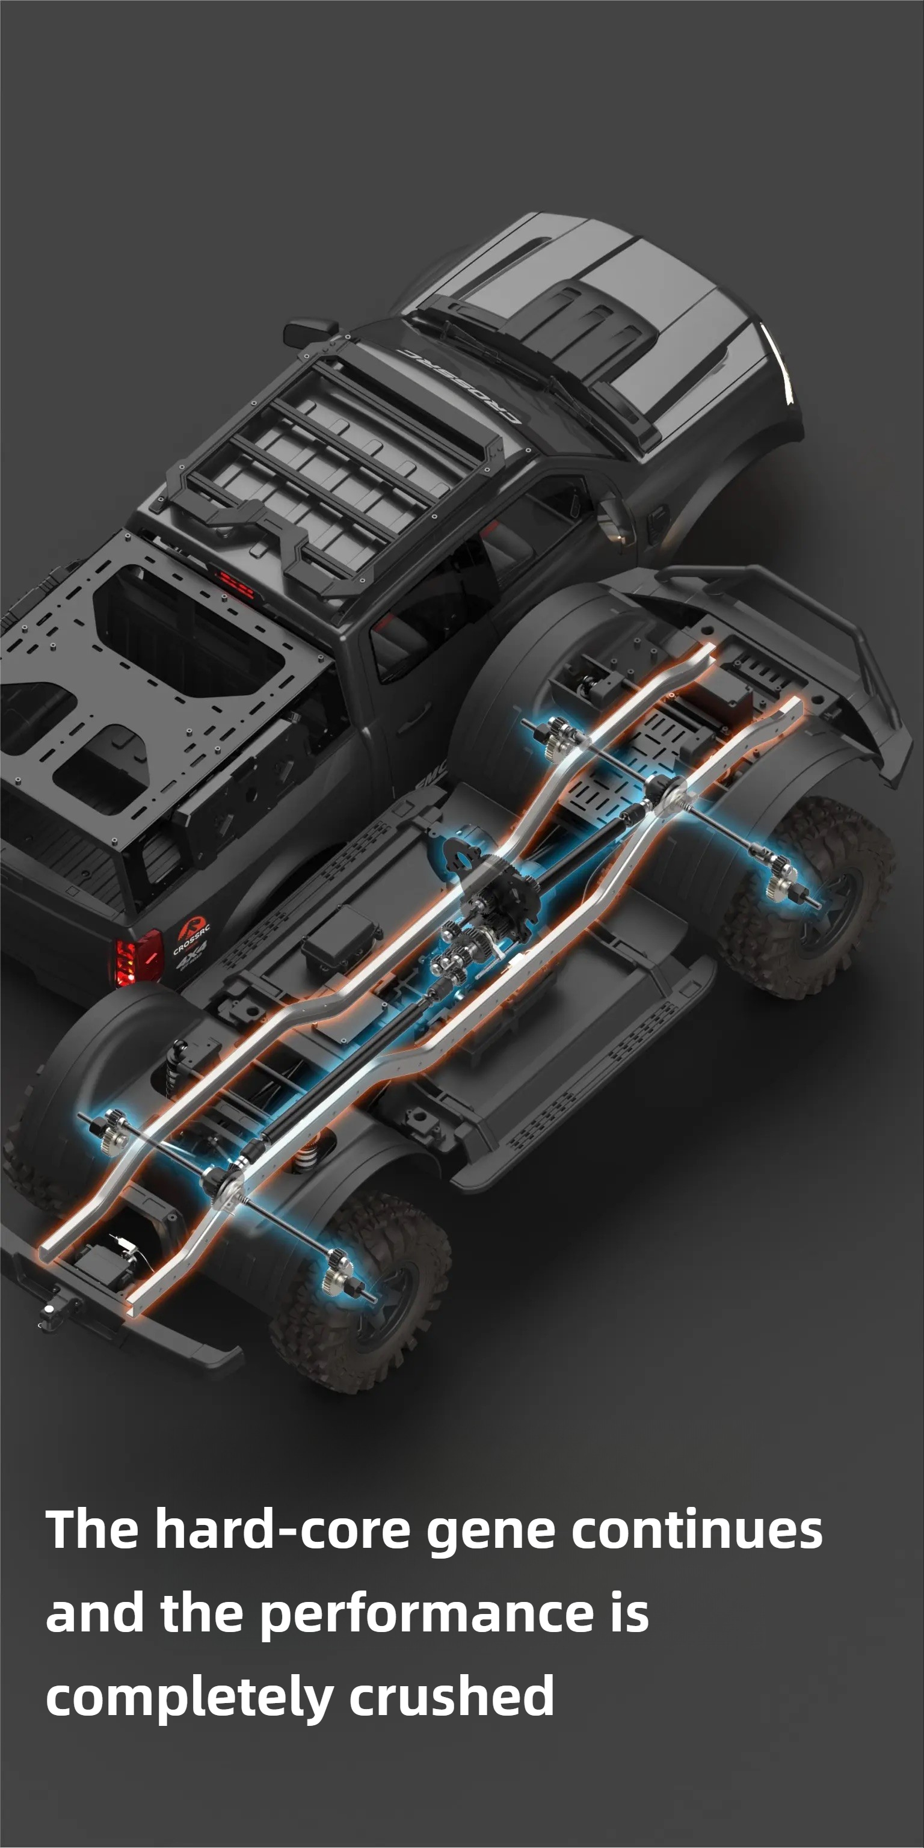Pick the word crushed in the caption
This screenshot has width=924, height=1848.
tap(451, 1695)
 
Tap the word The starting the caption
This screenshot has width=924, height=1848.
tap(92, 1529)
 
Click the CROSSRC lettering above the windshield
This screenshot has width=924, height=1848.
tap(459, 385)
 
